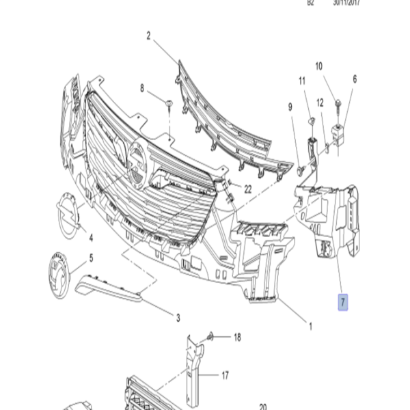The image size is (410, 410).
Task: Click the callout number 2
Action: click(148, 36)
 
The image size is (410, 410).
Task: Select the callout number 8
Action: click(142, 88)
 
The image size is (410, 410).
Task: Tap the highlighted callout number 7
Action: click(344, 301)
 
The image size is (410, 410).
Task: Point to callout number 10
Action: click(318, 66)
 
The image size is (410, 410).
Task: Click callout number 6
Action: click(355, 79)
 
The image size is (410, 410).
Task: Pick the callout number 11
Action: click(302, 82)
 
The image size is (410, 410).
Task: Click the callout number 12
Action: click(319, 103)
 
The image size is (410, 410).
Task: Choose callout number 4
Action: click(90, 238)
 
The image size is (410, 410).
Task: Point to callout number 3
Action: click(178, 318)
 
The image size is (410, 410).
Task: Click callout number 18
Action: click(237, 337)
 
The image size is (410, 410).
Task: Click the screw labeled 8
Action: click(167, 103)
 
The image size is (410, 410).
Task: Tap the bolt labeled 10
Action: click(337, 103)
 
